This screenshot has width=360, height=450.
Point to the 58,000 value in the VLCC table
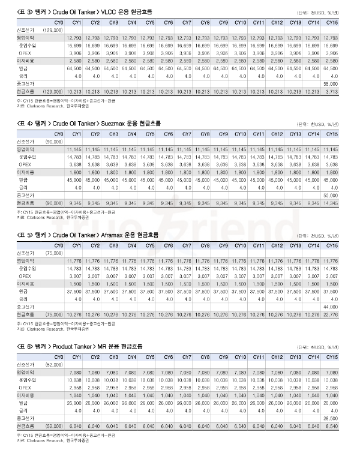click(x=331, y=84)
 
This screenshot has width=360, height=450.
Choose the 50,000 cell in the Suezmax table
click(x=331, y=196)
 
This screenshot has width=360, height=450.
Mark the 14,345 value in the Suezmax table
click(x=331, y=203)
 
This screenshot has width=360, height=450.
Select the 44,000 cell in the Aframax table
click(x=331, y=307)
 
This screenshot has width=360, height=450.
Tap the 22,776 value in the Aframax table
click(x=331, y=314)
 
